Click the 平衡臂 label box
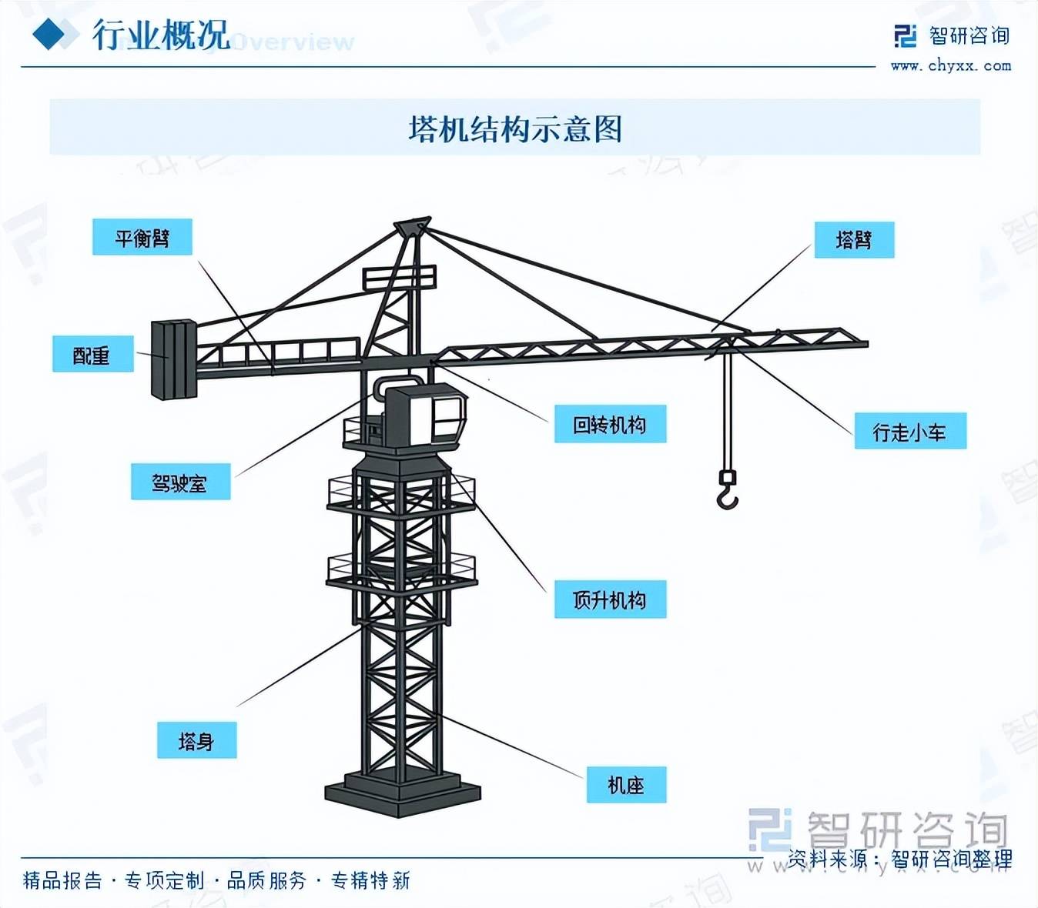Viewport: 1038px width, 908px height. (x=142, y=237)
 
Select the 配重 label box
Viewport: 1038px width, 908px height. (x=92, y=354)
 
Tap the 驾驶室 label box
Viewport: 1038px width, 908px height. (x=180, y=482)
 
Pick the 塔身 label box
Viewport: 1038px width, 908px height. (x=196, y=740)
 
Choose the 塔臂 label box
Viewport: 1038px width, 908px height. (x=854, y=240)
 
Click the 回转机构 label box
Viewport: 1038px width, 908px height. (x=610, y=424)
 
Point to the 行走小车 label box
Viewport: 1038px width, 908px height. (x=909, y=431)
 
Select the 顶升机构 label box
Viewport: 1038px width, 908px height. (x=610, y=599)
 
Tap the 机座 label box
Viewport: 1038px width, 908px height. (x=626, y=784)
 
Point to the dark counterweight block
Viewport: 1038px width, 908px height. (x=174, y=359)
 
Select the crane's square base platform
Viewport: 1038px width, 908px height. (x=402, y=793)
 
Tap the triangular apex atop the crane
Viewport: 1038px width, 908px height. (x=413, y=227)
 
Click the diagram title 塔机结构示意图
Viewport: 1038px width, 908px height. (x=514, y=129)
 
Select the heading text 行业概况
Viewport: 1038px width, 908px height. (x=161, y=35)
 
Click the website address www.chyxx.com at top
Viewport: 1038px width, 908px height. (x=951, y=65)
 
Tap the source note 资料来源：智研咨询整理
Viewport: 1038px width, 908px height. (x=899, y=858)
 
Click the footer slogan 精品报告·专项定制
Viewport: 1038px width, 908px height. (x=114, y=880)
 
